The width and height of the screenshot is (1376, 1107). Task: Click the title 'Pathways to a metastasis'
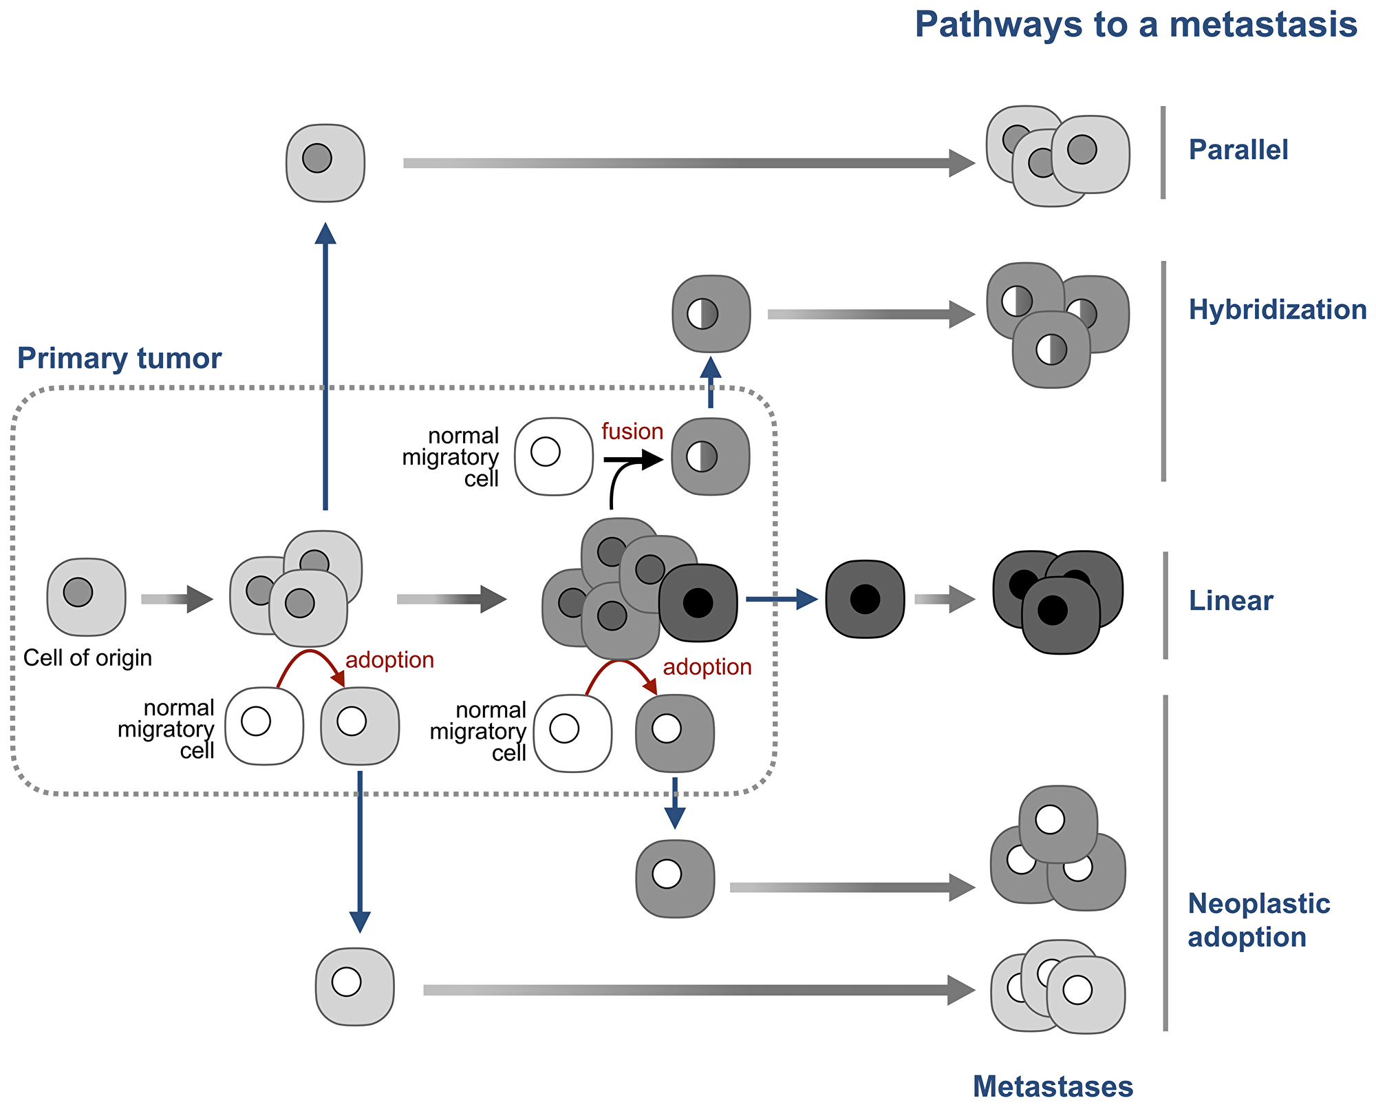pos(1136,25)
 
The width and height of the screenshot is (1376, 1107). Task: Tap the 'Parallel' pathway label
pos(1238,150)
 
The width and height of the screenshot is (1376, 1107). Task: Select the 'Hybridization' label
pos(1277,310)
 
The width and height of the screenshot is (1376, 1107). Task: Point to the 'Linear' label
pos(1230,601)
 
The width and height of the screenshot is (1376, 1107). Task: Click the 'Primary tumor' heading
pos(119,359)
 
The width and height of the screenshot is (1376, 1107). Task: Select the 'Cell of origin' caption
pos(87,658)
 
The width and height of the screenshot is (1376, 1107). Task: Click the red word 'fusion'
pos(632,432)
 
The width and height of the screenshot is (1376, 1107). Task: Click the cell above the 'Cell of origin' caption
pos(86,596)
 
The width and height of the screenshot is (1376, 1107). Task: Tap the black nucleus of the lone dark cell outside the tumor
pos(864,599)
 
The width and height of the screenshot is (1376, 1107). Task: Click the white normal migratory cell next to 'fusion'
pos(553,456)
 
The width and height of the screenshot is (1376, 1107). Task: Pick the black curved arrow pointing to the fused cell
pos(623,468)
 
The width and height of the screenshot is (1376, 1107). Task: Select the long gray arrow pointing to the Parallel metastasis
pos(688,163)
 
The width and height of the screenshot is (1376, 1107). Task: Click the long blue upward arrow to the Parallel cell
pos(325,372)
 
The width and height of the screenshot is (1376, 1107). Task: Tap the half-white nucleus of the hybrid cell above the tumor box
pos(702,314)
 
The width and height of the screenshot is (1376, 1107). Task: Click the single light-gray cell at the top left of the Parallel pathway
pos(325,163)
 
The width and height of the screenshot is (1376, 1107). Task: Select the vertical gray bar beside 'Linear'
pos(1165,605)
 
